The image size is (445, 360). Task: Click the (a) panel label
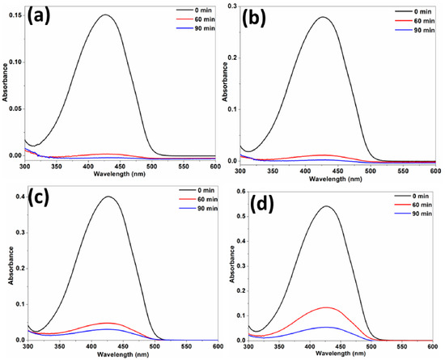39,17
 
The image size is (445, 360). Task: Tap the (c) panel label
39,197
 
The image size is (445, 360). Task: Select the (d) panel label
261,204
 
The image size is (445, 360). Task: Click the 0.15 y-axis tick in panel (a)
15,15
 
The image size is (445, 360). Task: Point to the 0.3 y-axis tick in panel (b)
232,6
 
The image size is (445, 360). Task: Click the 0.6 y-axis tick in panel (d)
240,192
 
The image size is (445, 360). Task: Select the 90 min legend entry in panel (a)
196,28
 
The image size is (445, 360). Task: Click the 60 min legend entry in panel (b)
414,21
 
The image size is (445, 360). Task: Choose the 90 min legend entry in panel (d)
413,214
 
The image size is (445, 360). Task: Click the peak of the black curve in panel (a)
105,15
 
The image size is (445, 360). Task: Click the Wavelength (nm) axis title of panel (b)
336,180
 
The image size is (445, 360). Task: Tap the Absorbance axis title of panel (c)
11,265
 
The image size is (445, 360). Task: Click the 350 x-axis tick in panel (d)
280,347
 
